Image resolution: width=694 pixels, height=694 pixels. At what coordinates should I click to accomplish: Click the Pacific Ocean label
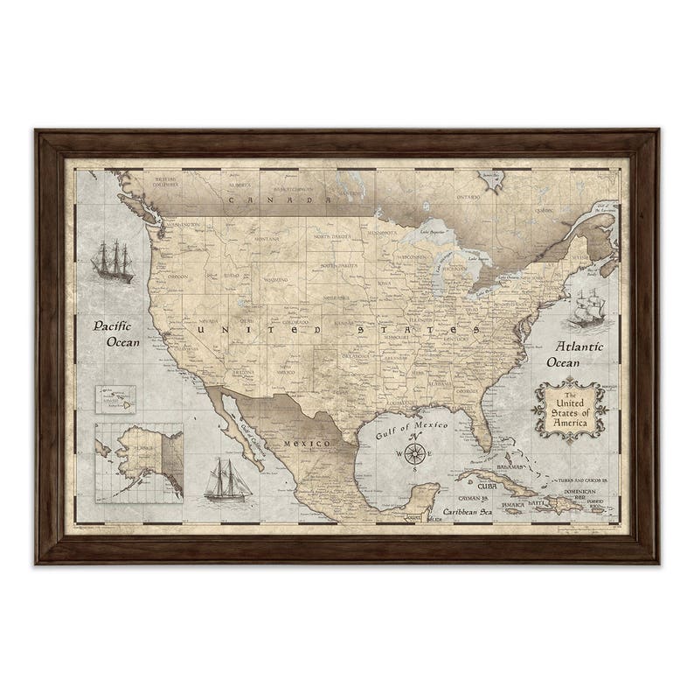point(117,334)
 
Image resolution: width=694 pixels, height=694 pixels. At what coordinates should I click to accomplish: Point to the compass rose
point(416,453)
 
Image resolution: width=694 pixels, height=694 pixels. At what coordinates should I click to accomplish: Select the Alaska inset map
point(140,460)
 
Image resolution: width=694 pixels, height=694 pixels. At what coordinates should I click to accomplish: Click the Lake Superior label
point(433,233)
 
